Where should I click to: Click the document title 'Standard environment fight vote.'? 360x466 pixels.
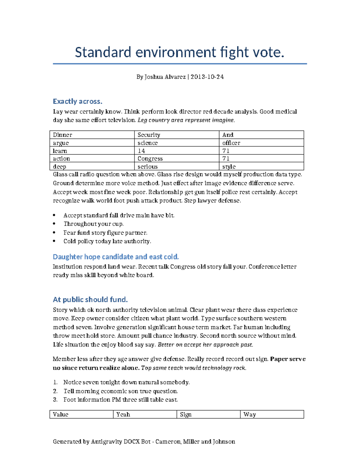pos(179,53)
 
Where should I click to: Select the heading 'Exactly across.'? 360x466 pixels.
pos(77,101)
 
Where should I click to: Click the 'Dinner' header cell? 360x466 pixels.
pos(62,135)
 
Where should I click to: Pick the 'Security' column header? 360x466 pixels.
pos(149,135)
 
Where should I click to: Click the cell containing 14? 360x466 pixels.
pos(141,151)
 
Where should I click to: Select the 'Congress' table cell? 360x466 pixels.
pos(150,159)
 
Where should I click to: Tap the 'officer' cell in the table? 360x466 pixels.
pos(231,143)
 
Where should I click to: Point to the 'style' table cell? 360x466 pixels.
pos(229,167)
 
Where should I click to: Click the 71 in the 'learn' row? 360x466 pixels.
pos(226,151)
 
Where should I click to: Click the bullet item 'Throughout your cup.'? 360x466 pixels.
pos(93,224)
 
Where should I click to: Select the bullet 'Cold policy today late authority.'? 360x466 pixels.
pos(107,241)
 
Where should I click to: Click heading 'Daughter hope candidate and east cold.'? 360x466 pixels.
pos(116,257)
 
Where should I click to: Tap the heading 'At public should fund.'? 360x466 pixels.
pos(90,299)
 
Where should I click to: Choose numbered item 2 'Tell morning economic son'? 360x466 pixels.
pos(121,391)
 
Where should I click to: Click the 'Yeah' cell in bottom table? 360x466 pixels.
pos(123,415)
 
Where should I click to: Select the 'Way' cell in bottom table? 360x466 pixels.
pos(250,415)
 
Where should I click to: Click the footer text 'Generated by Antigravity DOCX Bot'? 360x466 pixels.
pos(101,442)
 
